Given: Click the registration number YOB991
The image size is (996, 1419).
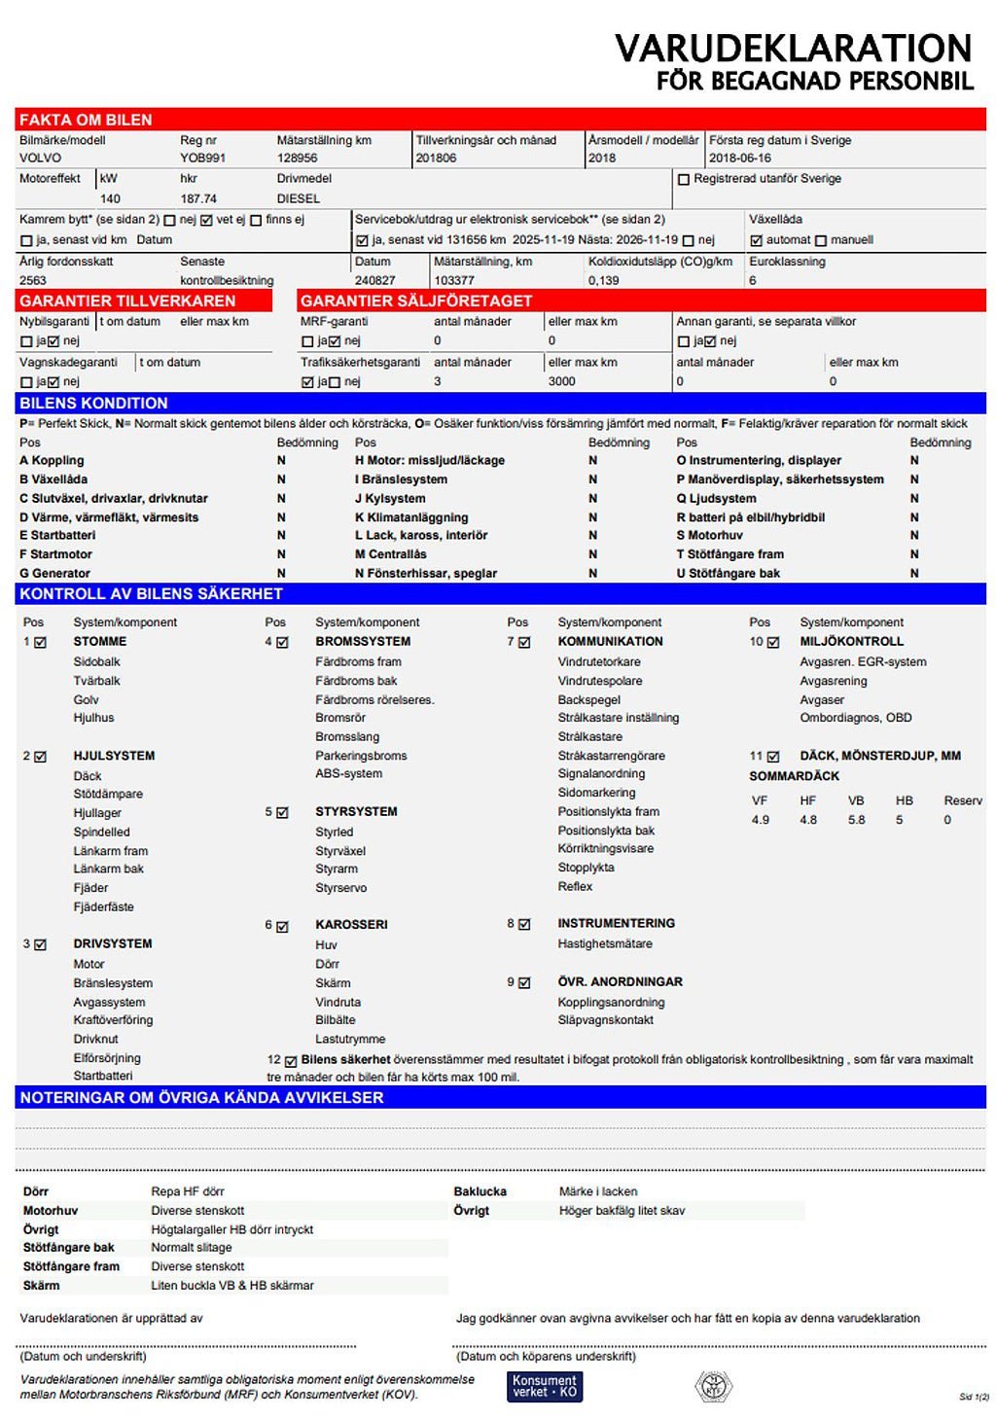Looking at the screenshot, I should pos(202,158).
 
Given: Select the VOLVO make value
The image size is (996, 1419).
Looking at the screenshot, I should pos(40,158).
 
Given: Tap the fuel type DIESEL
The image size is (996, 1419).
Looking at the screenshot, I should pos(298,198).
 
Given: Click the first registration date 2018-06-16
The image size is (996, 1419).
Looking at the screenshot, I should pos(739,158).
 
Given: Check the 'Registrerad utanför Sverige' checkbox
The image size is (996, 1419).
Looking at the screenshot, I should pos(684,180).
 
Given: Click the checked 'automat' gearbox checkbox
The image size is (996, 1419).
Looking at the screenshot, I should pos(756,240).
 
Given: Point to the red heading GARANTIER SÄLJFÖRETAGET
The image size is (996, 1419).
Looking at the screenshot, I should pos(415,301).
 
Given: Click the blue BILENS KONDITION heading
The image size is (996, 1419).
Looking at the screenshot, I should pos(93,403).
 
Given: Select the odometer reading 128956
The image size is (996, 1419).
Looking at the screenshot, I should pos(297,158).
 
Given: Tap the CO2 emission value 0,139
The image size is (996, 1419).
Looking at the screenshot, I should pos(603,280).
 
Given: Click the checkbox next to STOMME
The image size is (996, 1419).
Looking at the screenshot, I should pos(40,643).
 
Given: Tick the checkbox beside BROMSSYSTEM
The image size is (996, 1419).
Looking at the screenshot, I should pos(282,643).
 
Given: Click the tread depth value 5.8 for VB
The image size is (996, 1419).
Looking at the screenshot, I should pos(856,820).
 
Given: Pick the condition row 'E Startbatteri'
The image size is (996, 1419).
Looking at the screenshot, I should pos(57,535).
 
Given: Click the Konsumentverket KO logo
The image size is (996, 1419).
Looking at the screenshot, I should pos(545,1386).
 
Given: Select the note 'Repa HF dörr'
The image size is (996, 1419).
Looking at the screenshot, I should pos(188,1191).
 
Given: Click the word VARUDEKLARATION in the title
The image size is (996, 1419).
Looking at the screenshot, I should pos(793,48).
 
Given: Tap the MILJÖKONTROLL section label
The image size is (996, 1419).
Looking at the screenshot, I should pos(851,642).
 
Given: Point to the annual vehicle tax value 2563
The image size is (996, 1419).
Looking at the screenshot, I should pos(33,280).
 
